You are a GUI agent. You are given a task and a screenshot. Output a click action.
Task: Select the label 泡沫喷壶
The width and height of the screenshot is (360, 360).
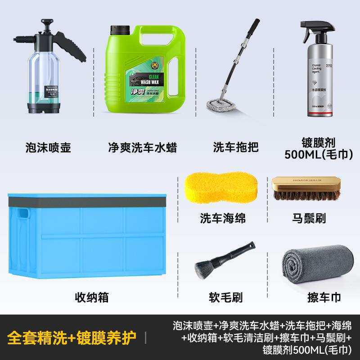tap(49, 147)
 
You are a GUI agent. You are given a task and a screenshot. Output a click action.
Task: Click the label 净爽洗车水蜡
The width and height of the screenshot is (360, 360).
tap(143, 147)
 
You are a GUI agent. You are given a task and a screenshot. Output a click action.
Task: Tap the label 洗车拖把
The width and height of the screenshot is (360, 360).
tap(229, 147)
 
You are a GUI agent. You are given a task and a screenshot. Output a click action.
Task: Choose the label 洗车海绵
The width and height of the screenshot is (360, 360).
tap(223, 218)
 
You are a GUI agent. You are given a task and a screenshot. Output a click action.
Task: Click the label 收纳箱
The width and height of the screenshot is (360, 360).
tap(91, 297)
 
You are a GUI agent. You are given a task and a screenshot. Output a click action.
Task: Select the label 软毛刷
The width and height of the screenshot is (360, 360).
tap(225, 297)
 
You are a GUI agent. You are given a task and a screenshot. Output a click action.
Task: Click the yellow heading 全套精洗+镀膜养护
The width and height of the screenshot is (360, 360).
tap(72, 338)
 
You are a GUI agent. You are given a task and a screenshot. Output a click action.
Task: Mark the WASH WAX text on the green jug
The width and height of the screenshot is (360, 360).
tap(153, 82)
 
